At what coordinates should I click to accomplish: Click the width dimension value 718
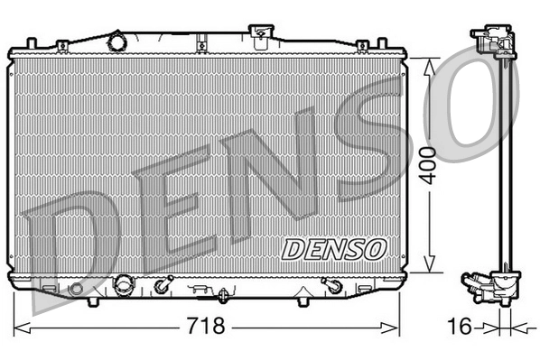(x=206, y=325)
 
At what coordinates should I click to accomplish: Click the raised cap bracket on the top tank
(x=261, y=37)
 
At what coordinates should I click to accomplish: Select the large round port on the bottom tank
(x=123, y=284)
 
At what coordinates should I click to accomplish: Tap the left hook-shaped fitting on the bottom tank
(x=162, y=287)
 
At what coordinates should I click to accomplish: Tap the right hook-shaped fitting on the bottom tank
(x=332, y=286)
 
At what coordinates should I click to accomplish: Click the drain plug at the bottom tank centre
(x=222, y=293)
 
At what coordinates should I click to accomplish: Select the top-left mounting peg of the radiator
(x=33, y=42)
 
